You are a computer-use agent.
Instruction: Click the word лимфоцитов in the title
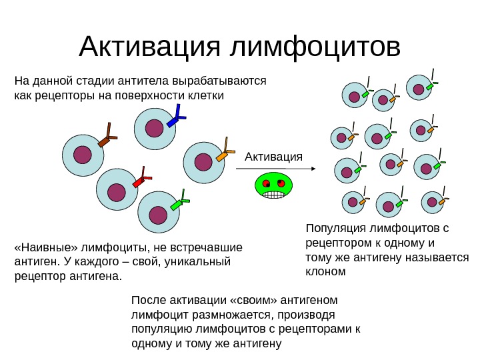point(315,46)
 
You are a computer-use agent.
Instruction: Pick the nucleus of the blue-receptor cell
point(154,127)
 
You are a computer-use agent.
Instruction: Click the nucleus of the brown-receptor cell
point(83,155)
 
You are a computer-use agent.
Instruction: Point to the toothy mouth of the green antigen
point(273,194)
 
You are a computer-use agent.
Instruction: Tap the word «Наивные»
point(45,247)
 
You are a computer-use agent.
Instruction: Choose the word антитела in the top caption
point(143,81)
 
